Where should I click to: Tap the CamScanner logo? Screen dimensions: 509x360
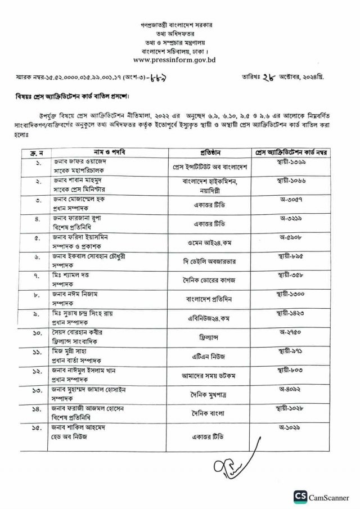click(321, 497)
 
